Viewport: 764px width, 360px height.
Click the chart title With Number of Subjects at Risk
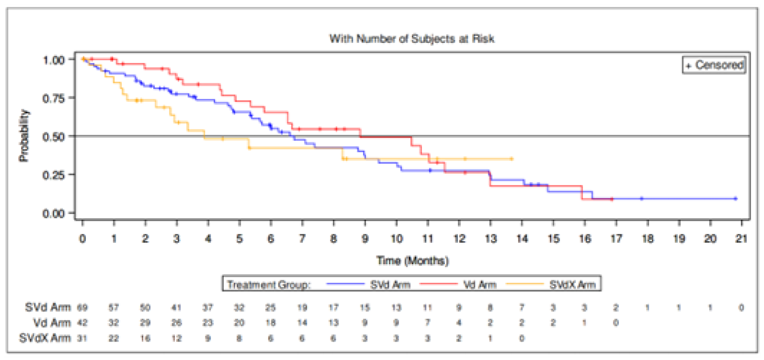tap(411, 38)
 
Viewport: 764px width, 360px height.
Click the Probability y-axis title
tap(23, 136)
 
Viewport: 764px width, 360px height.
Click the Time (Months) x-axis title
tap(412, 261)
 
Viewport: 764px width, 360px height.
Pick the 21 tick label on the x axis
tap(741, 239)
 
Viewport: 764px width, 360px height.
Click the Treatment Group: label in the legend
tap(269, 285)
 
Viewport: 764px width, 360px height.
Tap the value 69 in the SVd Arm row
tap(82, 308)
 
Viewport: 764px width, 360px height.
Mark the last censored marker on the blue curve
tap(735, 199)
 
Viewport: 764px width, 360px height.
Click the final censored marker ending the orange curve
tap(512, 159)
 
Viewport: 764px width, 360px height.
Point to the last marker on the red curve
tap(612, 200)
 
